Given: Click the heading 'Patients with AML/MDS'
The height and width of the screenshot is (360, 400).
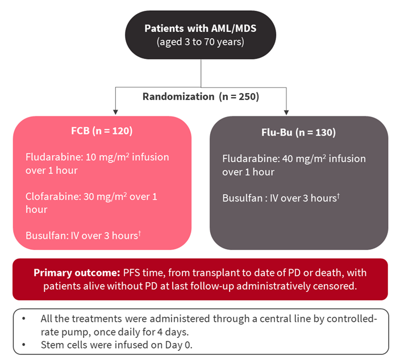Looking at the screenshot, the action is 200,28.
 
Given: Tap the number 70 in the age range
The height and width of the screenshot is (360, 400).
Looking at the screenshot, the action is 209,42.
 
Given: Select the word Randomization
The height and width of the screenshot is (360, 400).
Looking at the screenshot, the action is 178,97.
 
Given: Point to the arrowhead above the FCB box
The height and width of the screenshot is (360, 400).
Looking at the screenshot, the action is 115,112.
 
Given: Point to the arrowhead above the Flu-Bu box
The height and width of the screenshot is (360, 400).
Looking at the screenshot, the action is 286,112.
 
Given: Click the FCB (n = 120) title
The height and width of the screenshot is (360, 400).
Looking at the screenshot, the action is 102,131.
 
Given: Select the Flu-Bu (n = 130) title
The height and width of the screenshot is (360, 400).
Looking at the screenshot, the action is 298,132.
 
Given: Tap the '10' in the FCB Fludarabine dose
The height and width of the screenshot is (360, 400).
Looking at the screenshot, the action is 90,157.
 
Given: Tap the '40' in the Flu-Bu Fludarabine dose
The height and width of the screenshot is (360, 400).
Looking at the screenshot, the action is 287,159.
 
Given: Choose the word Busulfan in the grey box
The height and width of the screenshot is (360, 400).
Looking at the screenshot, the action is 243,198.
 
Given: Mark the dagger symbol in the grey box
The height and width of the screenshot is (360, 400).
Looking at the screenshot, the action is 338,195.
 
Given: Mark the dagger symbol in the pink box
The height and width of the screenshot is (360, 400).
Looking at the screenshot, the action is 140,233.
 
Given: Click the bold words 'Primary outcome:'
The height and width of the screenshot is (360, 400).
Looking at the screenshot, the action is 77,273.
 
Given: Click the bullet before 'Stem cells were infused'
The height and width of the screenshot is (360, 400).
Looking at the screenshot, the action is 24,345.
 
